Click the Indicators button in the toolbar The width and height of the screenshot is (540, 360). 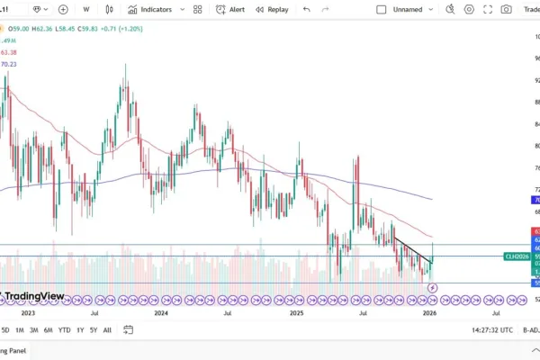[x=150, y=9]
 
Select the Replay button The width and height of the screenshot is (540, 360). [x=272, y=9]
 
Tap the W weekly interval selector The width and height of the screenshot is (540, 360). [x=86, y=9]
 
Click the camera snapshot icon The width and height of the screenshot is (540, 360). [x=507, y=9]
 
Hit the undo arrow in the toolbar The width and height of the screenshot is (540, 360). [x=307, y=9]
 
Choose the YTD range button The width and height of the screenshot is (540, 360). [x=65, y=329]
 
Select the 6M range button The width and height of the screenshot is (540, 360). [x=48, y=329]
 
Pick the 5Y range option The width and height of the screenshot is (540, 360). [x=94, y=329]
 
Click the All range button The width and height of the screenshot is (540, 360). [x=108, y=329]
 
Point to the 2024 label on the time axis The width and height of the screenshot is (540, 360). [x=161, y=313]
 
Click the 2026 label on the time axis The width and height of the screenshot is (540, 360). [x=430, y=313]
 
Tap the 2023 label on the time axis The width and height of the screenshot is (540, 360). [x=27, y=313]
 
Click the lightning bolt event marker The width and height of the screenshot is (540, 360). [x=434, y=288]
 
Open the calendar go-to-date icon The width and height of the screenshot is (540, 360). [x=129, y=329]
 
